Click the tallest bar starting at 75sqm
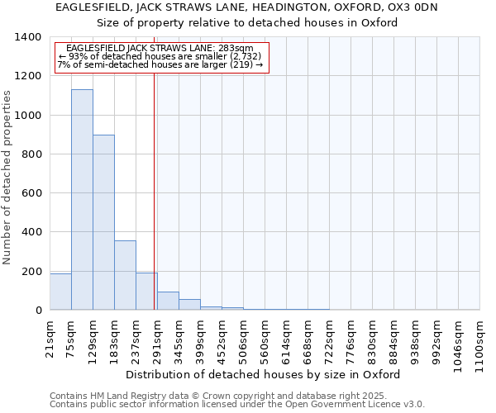[82, 200]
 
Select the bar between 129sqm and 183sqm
[103, 223]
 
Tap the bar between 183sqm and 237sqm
[125, 275]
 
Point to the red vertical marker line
[154, 190]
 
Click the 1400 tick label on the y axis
[28, 37]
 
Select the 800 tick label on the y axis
[31, 154]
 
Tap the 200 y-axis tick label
[31, 272]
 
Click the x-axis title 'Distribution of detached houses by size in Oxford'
[265, 374]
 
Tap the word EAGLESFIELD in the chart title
[86, 7]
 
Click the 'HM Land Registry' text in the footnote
[127, 396]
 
